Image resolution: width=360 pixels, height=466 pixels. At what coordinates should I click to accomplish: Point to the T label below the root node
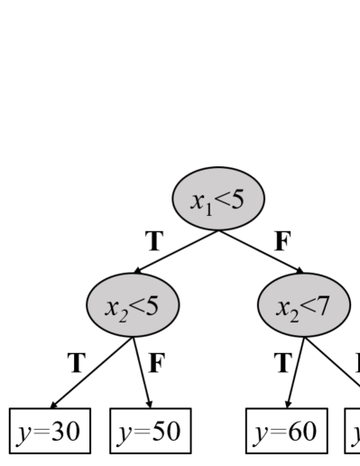(155, 241)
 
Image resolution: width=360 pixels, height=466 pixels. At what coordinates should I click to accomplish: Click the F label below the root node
(282, 241)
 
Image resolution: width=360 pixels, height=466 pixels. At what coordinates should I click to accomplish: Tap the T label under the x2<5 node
(76, 363)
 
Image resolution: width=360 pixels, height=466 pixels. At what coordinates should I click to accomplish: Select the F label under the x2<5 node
(156, 363)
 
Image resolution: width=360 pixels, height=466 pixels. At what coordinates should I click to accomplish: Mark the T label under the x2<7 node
(282, 363)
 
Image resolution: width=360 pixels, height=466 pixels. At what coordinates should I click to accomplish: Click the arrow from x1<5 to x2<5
(174, 252)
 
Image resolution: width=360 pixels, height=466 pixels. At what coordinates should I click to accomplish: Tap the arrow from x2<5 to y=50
(143, 370)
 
